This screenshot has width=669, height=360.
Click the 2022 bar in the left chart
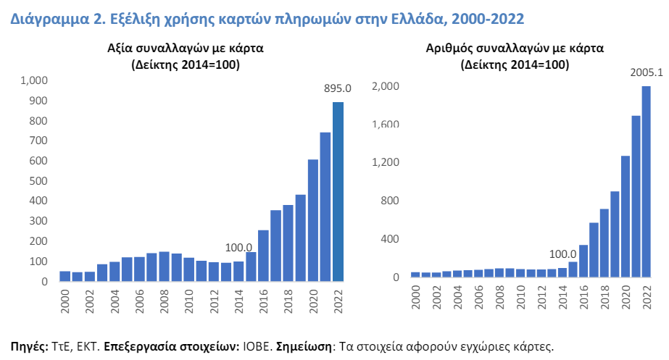tap(338, 191)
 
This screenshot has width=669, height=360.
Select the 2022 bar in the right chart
tap(646, 182)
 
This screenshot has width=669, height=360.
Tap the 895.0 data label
tap(338, 88)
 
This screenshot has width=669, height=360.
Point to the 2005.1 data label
tap(647, 72)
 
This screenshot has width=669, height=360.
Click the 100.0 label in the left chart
tap(238, 248)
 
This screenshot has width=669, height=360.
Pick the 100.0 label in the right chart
tap(562, 254)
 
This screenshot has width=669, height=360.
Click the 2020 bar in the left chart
tap(313, 220)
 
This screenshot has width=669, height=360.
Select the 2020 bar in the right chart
tap(625, 217)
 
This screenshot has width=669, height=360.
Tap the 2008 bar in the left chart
tap(165, 267)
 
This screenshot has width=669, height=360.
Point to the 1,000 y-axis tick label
tap(34, 80)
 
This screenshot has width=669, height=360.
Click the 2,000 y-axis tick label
tap(386, 86)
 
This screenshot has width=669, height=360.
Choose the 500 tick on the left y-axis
tap(38, 181)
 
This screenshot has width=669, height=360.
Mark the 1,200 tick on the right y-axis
tap(386, 162)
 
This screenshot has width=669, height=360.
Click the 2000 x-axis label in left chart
tap(65, 301)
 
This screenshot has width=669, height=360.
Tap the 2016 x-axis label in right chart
tap(583, 297)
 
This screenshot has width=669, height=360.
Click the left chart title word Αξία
tap(117, 49)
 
